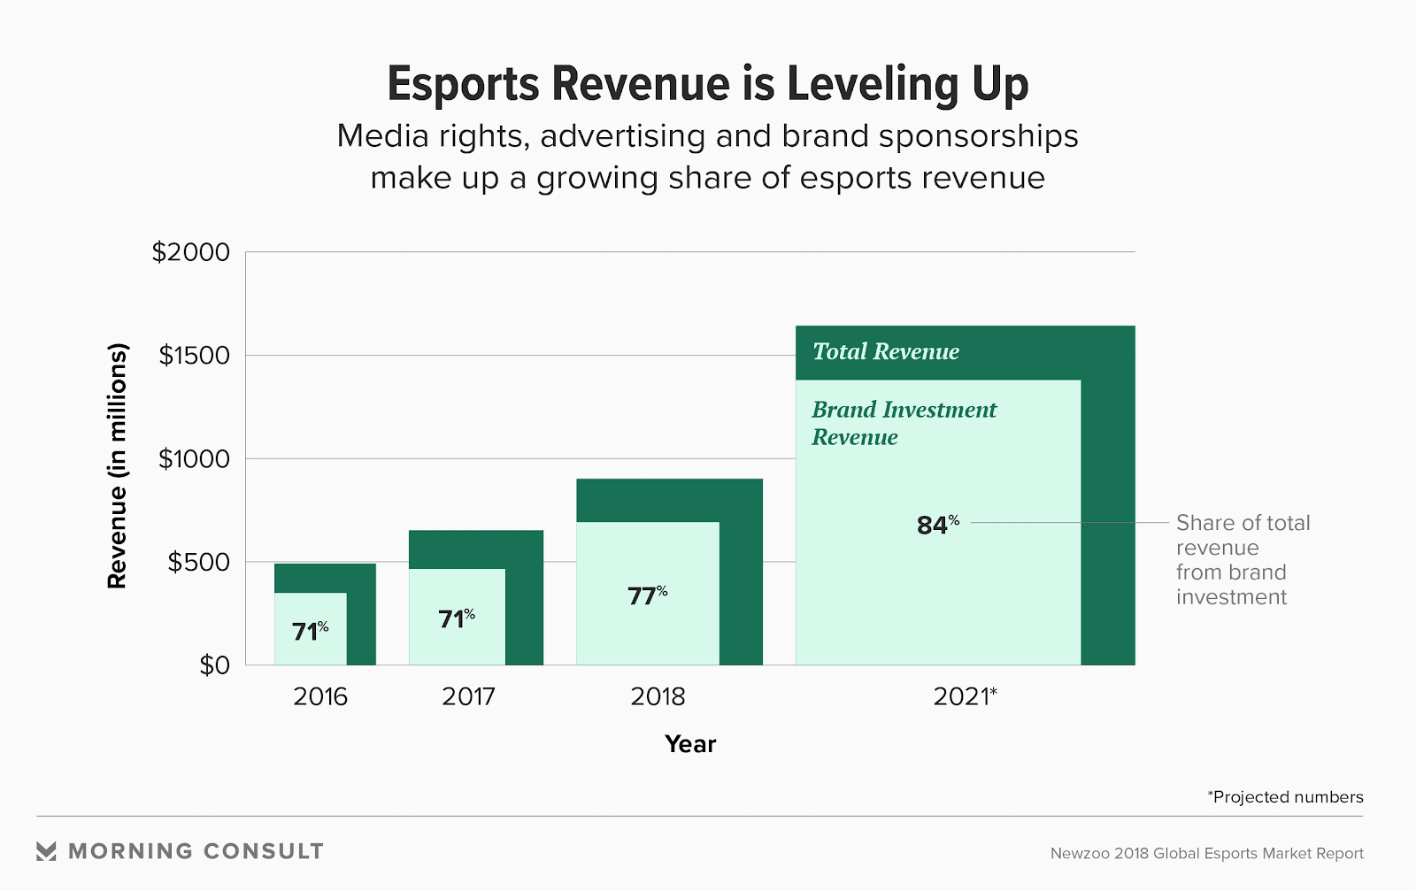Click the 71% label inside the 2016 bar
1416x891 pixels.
[310, 632]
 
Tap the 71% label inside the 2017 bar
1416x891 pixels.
[457, 618]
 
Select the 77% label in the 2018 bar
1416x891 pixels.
[647, 596]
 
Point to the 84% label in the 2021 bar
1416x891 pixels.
[937, 526]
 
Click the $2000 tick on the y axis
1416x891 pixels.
[190, 252]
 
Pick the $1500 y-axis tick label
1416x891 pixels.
[194, 356]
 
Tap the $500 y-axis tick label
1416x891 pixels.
[198, 562]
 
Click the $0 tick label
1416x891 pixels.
[214, 665]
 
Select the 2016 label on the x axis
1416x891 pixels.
[320, 697]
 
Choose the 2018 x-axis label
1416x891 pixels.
[658, 697]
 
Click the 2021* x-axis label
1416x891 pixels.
[965, 697]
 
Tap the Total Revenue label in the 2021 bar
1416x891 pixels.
[886, 352]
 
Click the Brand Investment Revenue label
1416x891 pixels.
[903, 423]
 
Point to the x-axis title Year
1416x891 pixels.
[690, 744]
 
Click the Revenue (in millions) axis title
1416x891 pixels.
[118, 465]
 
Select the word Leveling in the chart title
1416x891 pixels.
[872, 85]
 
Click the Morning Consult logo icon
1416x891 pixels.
[46, 851]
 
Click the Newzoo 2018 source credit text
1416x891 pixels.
[1206, 854]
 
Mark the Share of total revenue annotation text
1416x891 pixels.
[1242, 560]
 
